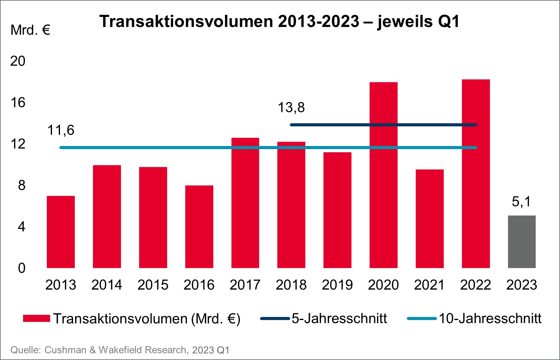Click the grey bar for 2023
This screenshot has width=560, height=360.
pos(522,242)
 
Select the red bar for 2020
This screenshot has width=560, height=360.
pos(383,175)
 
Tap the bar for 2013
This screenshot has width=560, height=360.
pos(61,232)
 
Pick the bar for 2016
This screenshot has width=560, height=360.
pos(199,227)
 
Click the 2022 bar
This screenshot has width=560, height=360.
pos(476,174)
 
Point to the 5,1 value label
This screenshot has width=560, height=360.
pos(521,202)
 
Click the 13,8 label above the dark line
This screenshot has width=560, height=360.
pos(291,108)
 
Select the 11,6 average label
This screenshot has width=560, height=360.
pos(61,130)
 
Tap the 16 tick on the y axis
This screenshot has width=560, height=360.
pos(18,103)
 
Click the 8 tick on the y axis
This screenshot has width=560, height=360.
pos(22,185)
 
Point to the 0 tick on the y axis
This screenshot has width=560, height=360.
pos(22,268)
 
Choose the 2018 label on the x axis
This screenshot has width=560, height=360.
pos(291,285)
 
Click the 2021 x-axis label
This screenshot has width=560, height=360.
pos(429,285)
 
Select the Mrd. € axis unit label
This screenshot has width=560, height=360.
pos(30,30)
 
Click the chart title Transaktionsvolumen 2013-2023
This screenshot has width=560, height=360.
pos(279,22)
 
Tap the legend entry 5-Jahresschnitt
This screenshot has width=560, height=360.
pos(338,318)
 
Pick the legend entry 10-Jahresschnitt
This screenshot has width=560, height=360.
pos(489,318)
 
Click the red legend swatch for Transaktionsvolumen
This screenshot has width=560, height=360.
pos(36,318)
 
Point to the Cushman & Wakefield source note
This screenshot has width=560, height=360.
pos(120,350)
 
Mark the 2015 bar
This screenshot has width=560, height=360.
pos(153,217)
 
